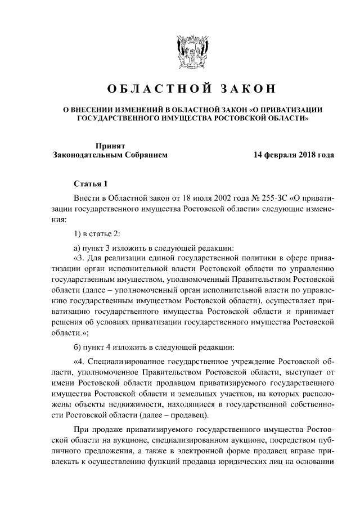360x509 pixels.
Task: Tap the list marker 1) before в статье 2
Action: [79, 234]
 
